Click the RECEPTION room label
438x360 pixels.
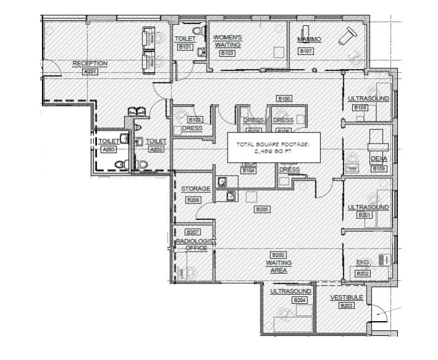click(x=90, y=63)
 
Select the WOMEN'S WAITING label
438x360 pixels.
click(x=227, y=41)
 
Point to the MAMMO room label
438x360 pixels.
click(x=309, y=39)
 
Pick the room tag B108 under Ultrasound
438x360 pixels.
click(x=360, y=108)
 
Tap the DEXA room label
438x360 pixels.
click(x=378, y=159)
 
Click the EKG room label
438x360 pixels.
click(x=362, y=262)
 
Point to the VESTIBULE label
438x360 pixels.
click(x=346, y=298)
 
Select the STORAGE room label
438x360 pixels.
click(x=196, y=189)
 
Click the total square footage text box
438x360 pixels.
click(x=272, y=147)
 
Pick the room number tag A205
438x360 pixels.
click(x=109, y=149)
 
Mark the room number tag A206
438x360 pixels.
click(x=157, y=149)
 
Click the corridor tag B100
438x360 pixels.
click(x=284, y=99)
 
